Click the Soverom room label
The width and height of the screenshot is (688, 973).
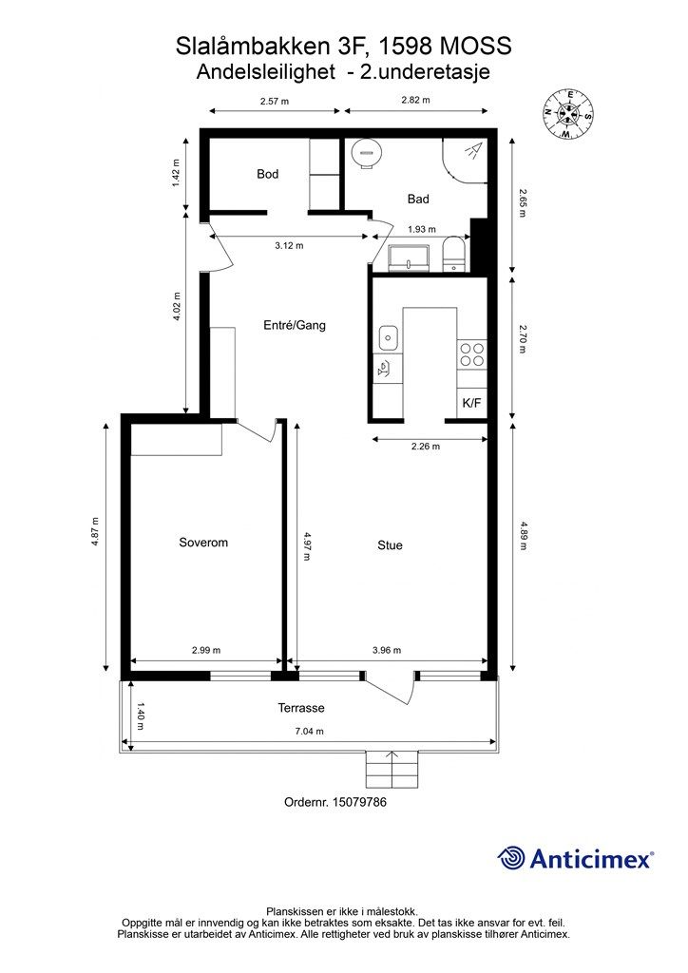coord(203,543)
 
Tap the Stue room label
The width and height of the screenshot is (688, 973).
coord(390,545)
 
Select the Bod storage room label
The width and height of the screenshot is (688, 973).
coord(267,175)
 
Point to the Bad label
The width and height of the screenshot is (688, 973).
coord(418,200)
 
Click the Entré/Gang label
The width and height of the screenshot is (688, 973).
coord(294,325)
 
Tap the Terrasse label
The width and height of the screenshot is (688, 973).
coord(301,708)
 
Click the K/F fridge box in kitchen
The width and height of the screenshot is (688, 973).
coord(471,403)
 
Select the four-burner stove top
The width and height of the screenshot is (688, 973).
coord(471,354)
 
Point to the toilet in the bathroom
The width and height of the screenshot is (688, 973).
coord(456,255)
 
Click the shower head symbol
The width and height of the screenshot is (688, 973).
coord(474,151)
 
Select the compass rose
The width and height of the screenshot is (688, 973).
coord(568,114)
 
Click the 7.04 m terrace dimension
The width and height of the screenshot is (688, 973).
coord(309,732)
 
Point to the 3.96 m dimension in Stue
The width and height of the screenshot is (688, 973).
coord(387,650)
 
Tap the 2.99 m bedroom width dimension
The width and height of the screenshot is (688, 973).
coord(206,650)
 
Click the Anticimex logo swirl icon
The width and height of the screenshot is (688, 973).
coord(511,858)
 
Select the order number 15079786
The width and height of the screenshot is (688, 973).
coord(359,802)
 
